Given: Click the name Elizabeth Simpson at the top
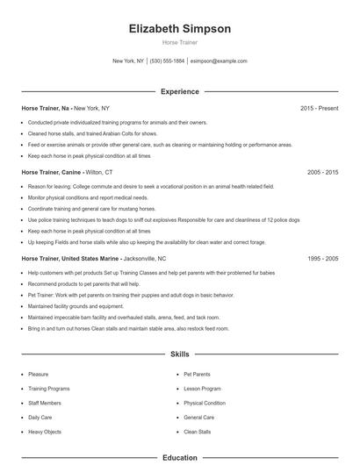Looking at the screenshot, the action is tap(179, 29).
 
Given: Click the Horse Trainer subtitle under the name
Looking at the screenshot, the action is tap(179, 42).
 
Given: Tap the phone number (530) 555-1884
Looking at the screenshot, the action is tap(167, 61).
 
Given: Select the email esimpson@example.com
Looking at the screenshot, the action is tap(219, 61).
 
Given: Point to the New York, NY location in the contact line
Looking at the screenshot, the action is tap(128, 61).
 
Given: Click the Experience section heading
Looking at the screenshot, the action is tap(179, 91).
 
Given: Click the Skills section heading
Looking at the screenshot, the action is tap(179, 354).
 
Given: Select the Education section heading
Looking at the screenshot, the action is tap(179, 457).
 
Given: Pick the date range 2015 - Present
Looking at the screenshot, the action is tap(319, 108).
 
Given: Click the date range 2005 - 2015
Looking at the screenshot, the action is tap(322, 173).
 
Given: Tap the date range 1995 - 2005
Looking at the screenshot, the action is tap(322, 259).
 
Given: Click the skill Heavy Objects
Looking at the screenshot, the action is tap(45, 432).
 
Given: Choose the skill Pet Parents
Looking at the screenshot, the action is tap(197, 374).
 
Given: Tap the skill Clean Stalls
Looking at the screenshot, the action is tap(197, 432).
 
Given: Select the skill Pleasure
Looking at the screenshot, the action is tap(39, 374).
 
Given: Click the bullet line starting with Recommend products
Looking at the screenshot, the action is tap(83, 284).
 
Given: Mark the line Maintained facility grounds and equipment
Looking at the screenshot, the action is tap(76, 306).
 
